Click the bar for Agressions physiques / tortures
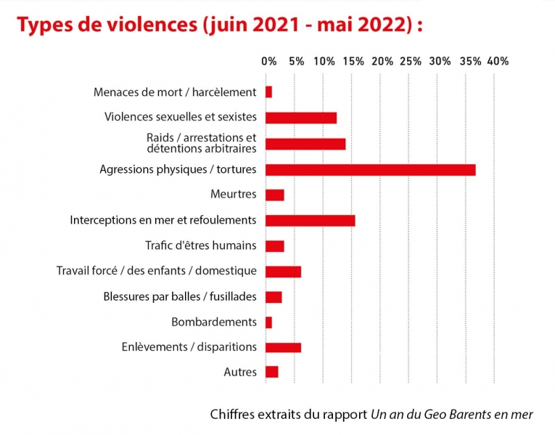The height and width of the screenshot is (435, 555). [371, 169]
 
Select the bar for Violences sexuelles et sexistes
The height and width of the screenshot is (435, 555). [301, 118]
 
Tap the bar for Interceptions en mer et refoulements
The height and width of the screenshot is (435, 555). [311, 220]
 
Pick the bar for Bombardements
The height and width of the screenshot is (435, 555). [269, 322]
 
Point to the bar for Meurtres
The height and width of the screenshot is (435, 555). [275, 195]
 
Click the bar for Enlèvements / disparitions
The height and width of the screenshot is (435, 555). [284, 347]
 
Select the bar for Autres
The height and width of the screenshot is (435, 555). [272, 372]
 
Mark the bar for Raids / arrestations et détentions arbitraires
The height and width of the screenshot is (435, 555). [305, 143]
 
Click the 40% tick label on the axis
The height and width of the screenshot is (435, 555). [498, 61]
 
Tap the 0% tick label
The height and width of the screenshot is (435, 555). [269, 61]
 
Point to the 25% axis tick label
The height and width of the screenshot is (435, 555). [411, 61]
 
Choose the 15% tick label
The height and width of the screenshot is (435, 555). [353, 61]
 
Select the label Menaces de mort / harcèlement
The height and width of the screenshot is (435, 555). [175, 92]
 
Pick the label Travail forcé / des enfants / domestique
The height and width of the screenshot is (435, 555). [157, 271]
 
